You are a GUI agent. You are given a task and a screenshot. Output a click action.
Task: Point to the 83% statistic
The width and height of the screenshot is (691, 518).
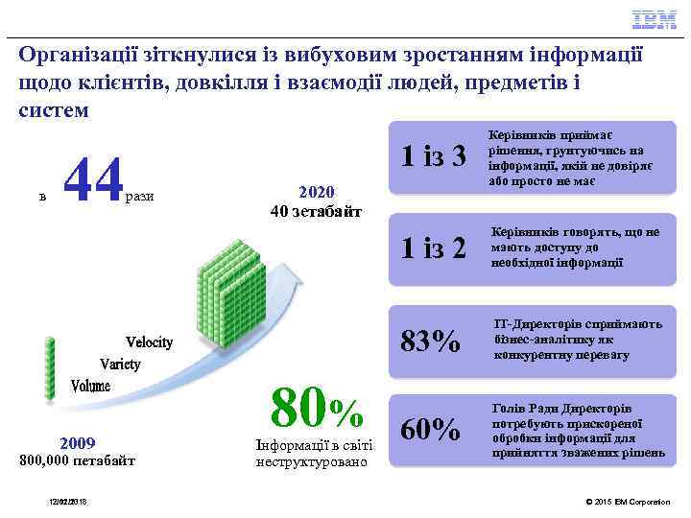tap(429, 340)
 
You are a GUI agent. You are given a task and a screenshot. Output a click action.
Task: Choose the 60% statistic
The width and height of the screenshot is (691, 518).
tap(429, 429)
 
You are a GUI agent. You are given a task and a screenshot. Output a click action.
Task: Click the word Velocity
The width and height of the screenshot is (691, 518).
tap(150, 342)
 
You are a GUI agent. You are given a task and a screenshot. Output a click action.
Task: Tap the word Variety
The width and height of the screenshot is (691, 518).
tap(121, 365)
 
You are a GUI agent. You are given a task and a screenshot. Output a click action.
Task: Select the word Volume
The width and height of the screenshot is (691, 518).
tap(91, 386)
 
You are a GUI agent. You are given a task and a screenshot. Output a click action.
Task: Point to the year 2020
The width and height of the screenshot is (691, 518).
tap(316, 192)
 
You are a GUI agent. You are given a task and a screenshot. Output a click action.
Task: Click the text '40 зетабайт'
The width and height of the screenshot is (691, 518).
tap(316, 211)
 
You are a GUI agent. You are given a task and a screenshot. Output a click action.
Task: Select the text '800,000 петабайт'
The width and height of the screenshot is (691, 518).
tap(78, 461)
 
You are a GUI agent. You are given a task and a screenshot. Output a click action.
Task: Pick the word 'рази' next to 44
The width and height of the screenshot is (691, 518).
tap(139, 196)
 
